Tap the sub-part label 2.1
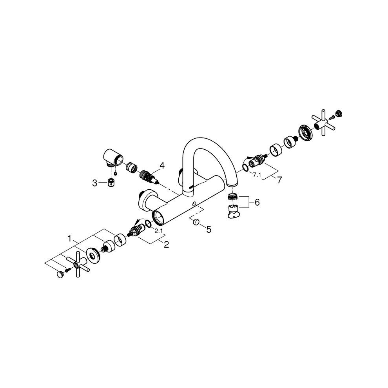pyautogui.click(x=159, y=231)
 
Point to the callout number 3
pyautogui.click(x=94, y=183)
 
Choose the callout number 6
pyautogui.click(x=257, y=203)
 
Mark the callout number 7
pyautogui.click(x=279, y=180)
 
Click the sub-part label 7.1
pyautogui.click(x=257, y=175)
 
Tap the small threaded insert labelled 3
pyautogui.click(x=111, y=182)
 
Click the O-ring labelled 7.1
pyautogui.click(x=245, y=168)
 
